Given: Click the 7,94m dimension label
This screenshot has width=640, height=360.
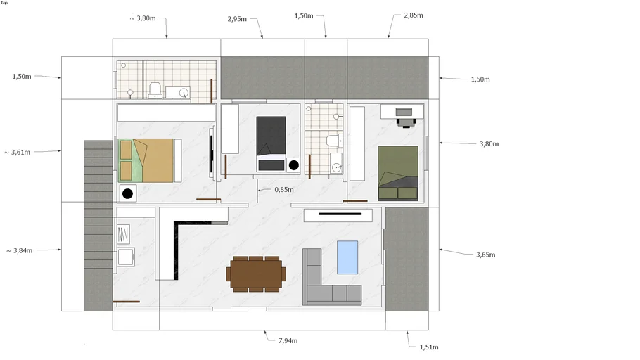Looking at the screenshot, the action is tap(288, 341).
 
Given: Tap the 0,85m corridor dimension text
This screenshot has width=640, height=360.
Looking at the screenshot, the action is tap(284, 190).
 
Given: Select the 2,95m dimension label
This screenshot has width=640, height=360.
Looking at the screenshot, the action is tap(237, 19).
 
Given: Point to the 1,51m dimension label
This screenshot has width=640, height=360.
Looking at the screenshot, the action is tap(429, 347).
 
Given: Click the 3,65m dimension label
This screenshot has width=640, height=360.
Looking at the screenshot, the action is tap(486, 255).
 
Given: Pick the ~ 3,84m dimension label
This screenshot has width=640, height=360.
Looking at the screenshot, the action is tap(19, 250).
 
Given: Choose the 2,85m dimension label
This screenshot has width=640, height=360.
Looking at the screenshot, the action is tap(414, 15).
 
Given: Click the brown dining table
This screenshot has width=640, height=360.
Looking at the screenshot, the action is tap(256, 274).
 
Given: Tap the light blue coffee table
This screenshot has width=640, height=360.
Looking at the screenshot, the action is tap(347, 257).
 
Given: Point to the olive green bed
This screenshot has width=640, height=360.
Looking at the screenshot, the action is tap(398, 173).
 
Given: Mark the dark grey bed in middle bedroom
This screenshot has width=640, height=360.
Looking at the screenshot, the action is tap(271, 143).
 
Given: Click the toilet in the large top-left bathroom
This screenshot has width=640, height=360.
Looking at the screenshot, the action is tap(155, 90).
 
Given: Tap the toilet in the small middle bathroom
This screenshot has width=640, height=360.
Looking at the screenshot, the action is tap(334, 141).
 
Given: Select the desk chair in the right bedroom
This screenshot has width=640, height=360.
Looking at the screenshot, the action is tap(406, 122).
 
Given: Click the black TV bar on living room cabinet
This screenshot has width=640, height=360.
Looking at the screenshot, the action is tap(340, 214).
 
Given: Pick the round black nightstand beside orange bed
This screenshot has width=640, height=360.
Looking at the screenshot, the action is tap(127, 193).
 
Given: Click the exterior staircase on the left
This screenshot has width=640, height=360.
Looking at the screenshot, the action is tap(98, 225).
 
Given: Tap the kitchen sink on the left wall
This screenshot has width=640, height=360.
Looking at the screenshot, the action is tap(126, 257).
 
